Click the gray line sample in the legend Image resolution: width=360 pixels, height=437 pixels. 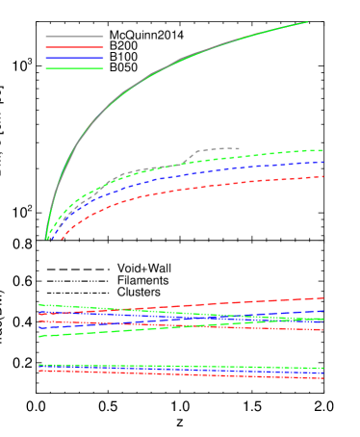click(74, 37)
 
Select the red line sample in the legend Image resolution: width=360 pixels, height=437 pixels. click(74, 47)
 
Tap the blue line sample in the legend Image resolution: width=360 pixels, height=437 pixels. click(74, 58)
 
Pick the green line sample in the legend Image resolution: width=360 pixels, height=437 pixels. click(74, 68)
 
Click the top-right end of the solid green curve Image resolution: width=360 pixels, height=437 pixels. click(307, 22)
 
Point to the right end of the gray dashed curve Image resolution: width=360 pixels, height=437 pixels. click(239, 149)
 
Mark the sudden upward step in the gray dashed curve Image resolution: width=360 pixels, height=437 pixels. click(189, 157)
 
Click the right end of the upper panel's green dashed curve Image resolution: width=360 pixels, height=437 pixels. click(322, 150)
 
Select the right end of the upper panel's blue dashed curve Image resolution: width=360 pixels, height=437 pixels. click(322, 162)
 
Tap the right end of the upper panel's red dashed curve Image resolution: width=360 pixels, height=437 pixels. click(322, 176)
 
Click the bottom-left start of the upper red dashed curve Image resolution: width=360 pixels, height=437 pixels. click(62, 239)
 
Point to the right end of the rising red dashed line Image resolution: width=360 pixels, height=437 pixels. click(322, 298)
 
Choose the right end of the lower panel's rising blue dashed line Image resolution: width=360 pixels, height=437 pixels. click(322, 311)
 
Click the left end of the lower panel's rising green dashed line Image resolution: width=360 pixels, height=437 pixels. click(39, 336)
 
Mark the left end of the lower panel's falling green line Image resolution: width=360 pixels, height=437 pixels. click(39, 304)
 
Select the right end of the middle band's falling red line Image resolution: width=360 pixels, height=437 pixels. click(322, 330)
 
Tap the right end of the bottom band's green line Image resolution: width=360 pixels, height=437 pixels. click(322, 368)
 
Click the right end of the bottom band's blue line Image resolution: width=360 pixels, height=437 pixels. click(322, 373)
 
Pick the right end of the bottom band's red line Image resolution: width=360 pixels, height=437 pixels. click(322, 377)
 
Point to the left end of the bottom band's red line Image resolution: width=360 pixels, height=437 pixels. click(39, 371)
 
